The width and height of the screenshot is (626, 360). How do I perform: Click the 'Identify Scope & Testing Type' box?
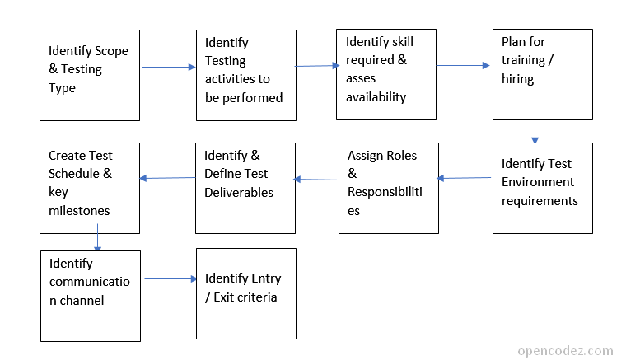pos(90,75)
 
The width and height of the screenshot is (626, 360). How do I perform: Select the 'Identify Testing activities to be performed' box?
pos(245,75)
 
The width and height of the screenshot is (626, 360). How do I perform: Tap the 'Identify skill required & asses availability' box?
pos(385,74)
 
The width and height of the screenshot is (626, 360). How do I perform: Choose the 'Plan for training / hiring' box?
pos(542,74)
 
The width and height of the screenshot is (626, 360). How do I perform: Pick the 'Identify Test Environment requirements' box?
pos(542,189)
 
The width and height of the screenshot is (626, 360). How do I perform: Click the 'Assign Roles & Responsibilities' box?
pos(388,188)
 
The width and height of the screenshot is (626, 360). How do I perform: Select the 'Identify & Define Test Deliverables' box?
pos(245,188)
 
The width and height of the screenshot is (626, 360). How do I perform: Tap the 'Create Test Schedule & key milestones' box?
pos(90,188)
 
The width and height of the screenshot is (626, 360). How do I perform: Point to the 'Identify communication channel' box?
pos(90,296)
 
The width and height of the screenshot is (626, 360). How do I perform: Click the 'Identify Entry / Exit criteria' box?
pos(245,293)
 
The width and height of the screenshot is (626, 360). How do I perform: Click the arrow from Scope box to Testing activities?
pos(169,68)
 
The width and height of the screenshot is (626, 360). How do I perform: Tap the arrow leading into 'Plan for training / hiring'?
pos(463,65)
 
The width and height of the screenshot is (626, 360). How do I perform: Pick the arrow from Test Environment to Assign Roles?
pos(465,178)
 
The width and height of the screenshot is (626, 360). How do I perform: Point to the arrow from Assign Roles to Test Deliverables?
pos(316,179)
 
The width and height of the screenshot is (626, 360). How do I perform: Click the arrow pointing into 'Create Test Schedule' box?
pos(168,178)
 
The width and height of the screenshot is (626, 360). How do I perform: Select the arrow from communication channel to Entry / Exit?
pos(171,279)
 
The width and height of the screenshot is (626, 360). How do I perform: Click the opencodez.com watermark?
pos(565,350)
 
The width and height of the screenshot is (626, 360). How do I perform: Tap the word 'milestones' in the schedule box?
pos(79,210)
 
